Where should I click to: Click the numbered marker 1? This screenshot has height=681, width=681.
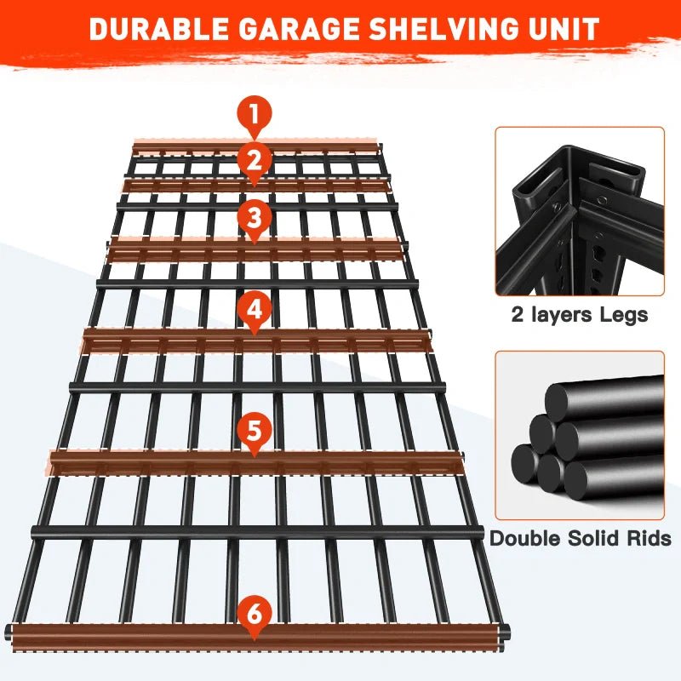[255, 113]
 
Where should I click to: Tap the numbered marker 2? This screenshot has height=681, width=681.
[255, 159]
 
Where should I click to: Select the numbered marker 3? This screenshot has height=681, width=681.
[255, 217]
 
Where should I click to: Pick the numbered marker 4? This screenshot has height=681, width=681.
[255, 309]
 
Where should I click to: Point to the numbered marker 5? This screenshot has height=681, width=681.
[255, 430]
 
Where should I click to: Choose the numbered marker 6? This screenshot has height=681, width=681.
[255, 614]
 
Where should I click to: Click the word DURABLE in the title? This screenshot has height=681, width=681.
[159, 29]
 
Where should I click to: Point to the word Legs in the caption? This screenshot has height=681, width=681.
[624, 315]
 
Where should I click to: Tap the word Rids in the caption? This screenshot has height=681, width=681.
[649, 538]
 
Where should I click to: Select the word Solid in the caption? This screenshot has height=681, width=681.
[593, 538]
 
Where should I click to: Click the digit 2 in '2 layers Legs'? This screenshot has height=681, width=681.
[518, 315]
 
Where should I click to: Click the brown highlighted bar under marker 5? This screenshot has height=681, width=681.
[255, 463]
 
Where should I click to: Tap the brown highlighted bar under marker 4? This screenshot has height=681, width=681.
[256, 340]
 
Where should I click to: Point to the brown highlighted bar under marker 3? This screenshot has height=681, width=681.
[255, 249]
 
